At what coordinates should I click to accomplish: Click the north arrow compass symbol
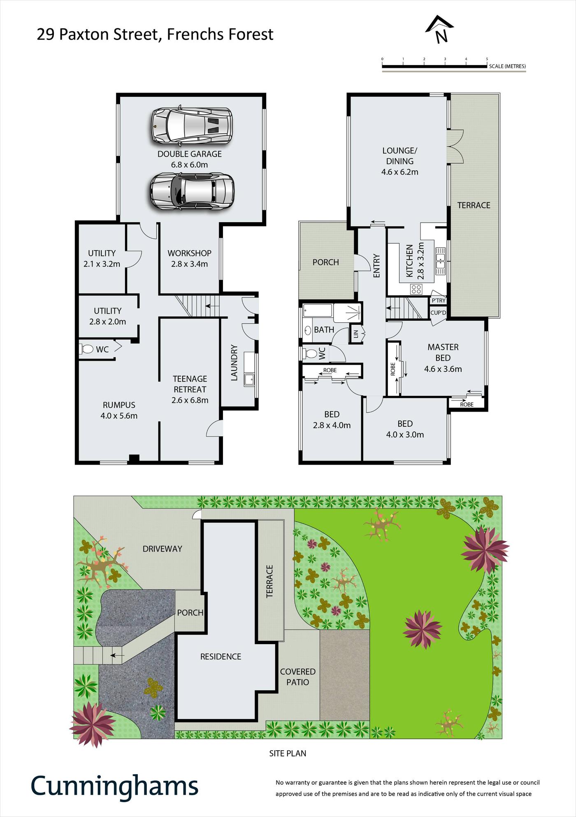pyautogui.click(x=439, y=29)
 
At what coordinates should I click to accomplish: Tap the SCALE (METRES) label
pyautogui.click(x=507, y=66)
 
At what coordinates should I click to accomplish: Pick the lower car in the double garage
pyautogui.click(x=192, y=191)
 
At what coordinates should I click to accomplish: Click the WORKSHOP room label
pyautogui.click(x=190, y=253)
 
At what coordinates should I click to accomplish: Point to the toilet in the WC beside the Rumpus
pyautogui.click(x=86, y=349)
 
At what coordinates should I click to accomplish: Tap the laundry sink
pyautogui.click(x=249, y=379)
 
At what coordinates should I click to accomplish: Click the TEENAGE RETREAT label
pyautogui.click(x=190, y=384)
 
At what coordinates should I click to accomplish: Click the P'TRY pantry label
pyautogui.click(x=439, y=300)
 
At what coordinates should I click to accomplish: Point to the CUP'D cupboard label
pyautogui.click(x=438, y=313)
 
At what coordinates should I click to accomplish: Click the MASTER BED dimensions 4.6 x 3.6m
pyautogui.click(x=443, y=369)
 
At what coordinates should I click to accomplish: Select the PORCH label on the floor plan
pyautogui.click(x=326, y=262)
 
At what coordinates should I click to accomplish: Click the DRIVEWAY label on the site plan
pyautogui.click(x=163, y=549)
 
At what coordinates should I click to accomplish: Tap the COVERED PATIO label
pyautogui.click(x=298, y=677)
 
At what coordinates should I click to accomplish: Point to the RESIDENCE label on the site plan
pyautogui.click(x=221, y=656)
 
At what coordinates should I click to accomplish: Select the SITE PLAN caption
pyautogui.click(x=288, y=753)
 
